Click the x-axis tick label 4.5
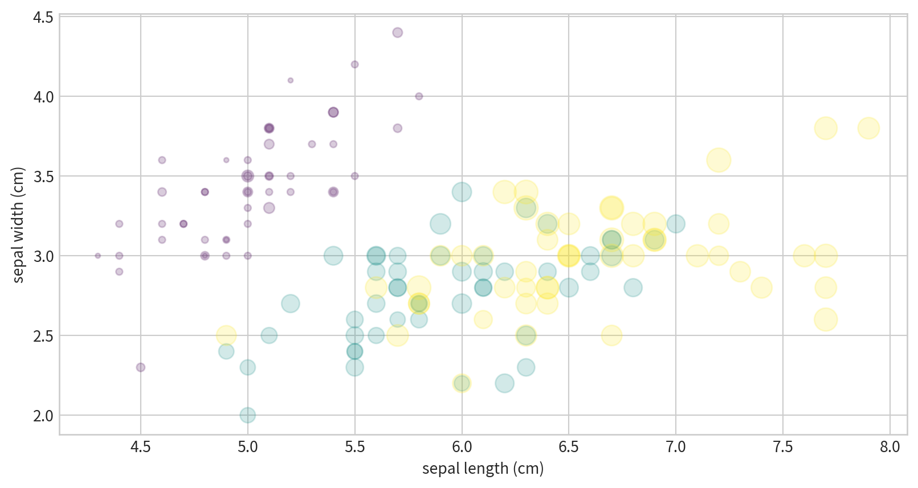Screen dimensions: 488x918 141,447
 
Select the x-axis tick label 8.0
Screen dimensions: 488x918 890,447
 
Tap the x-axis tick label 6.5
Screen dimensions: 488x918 569,447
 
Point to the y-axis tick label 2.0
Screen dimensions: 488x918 43,416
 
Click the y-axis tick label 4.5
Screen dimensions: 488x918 43,18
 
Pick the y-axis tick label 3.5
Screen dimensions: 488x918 43,177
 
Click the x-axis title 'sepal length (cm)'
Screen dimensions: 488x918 483,469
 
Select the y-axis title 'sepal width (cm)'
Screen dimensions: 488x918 18,225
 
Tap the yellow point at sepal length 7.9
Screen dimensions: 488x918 868,128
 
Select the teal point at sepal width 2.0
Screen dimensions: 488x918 247,415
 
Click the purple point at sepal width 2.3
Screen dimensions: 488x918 141,367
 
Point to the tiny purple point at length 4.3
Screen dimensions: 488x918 98,256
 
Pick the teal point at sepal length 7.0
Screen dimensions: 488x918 676,224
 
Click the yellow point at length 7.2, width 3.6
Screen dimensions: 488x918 719,160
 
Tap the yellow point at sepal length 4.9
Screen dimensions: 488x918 226,335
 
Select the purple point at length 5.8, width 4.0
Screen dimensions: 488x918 419,96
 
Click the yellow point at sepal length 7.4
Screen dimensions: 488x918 761,288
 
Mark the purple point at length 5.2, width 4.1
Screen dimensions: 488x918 291,80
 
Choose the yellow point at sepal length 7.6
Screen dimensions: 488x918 804,256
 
